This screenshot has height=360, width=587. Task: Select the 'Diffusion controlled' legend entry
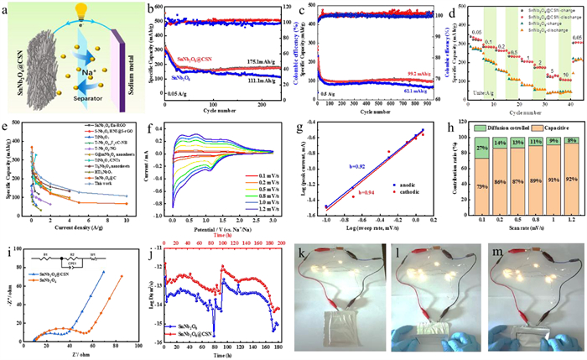click(503, 126)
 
